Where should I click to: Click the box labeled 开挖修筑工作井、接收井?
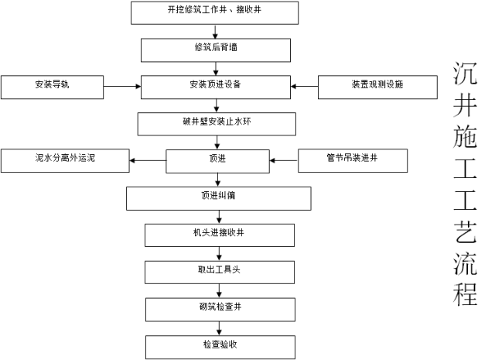[x=214, y=12]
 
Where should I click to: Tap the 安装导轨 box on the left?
[x=52, y=86]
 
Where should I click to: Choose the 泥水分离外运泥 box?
[x=64, y=160]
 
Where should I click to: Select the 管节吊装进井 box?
[x=352, y=160]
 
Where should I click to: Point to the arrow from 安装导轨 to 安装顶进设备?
[x=121, y=86]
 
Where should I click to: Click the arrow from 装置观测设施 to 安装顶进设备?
[x=305, y=86]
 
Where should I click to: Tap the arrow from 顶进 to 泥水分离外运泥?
[x=148, y=160]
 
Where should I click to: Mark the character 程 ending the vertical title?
[x=465, y=294]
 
